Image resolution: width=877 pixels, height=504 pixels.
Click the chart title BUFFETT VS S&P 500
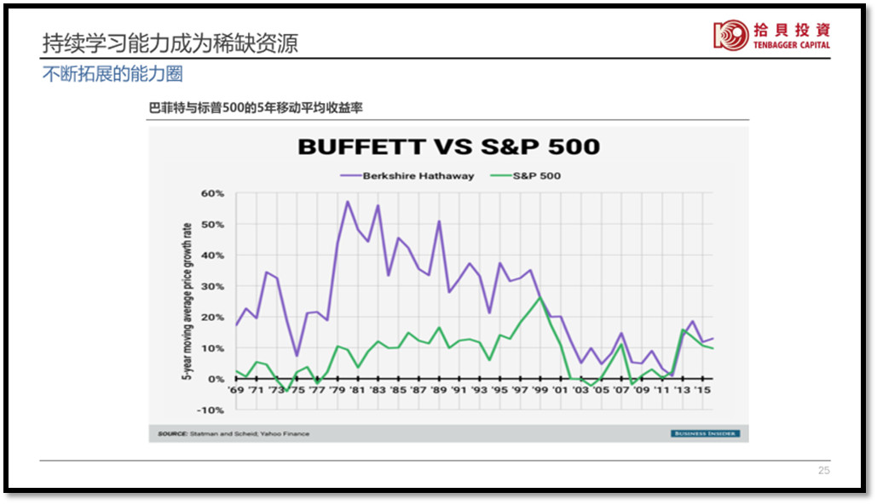click(448, 146)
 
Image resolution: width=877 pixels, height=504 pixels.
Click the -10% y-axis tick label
click(211, 410)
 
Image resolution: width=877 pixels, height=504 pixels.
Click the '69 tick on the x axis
click(236, 390)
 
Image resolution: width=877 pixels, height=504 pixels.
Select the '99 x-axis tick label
click(539, 390)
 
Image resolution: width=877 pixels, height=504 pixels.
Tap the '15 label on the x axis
click(701, 390)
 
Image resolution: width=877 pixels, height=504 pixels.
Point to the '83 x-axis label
click(378, 390)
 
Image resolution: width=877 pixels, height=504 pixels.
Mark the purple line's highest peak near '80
click(348, 202)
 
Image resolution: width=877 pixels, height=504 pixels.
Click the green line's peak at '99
click(539, 297)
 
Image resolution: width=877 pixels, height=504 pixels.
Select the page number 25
click(823, 471)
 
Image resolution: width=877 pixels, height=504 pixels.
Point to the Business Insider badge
click(705, 434)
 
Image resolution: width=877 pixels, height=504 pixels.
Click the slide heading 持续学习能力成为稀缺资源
click(170, 43)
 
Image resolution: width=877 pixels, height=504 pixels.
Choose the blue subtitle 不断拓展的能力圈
click(113, 74)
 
